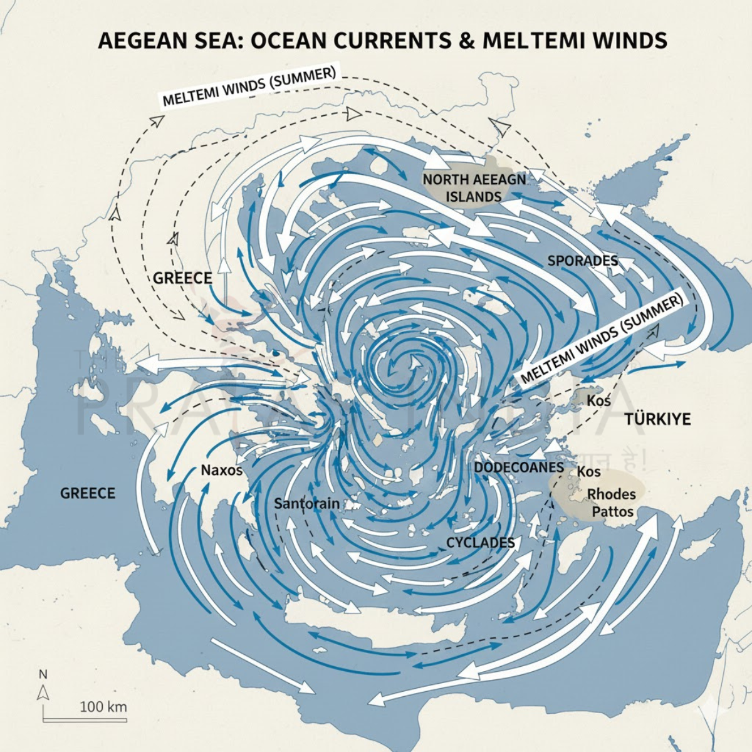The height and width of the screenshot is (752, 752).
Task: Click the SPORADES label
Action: click(582, 261)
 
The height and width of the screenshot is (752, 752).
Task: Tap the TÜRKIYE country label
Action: click(657, 419)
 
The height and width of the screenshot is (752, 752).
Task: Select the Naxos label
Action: click(221, 469)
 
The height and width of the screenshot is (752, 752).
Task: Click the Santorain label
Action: click(307, 503)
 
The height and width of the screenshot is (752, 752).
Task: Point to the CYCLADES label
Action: click(480, 543)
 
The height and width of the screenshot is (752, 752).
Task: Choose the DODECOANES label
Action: click(519, 467)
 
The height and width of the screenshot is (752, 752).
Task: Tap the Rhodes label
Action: click(611, 494)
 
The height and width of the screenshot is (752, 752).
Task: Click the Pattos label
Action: click(612, 512)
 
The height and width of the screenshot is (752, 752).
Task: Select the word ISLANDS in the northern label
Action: click(473, 197)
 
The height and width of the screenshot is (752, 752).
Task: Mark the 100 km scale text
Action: click(103, 707)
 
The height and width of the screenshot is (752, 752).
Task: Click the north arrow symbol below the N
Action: click(43, 692)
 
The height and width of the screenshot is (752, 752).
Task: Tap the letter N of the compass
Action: click(43, 675)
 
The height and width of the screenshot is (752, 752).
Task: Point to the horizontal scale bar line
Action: click(85, 720)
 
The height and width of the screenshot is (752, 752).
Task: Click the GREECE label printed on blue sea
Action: click(88, 493)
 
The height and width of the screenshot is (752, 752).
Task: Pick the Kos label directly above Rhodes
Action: click(588, 471)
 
